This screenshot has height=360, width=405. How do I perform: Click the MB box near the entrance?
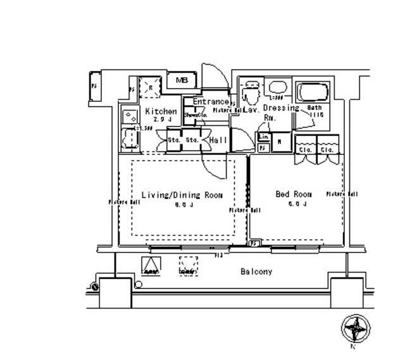click(x=182, y=81)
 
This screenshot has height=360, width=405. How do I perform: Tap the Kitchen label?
click(x=161, y=111)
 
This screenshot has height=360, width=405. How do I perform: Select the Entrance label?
click(x=210, y=102)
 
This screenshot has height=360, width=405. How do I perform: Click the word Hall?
click(x=218, y=140)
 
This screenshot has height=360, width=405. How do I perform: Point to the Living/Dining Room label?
click(x=182, y=196)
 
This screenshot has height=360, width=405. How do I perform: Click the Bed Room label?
click(x=294, y=194)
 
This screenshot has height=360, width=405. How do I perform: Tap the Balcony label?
click(x=256, y=272)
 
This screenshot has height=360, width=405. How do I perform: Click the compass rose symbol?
click(x=356, y=328)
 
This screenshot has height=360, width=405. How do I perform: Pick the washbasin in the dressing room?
click(x=276, y=88)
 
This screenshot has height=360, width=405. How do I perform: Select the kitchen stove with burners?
click(x=130, y=116)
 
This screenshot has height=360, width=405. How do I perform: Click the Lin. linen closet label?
click(x=264, y=137)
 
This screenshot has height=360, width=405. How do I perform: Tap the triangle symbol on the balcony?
click(x=151, y=267)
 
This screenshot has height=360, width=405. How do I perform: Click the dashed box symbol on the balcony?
click(x=188, y=266)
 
